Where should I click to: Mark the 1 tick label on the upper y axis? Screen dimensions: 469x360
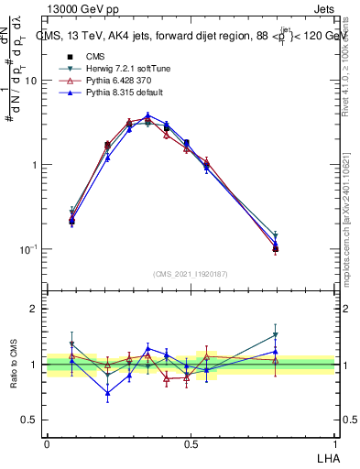tap(35, 165)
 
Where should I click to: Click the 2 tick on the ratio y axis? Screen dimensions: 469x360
tap(35, 309)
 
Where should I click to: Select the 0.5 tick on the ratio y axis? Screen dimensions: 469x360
tap(30, 420)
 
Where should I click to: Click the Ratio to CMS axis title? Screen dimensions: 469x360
tap(13, 365)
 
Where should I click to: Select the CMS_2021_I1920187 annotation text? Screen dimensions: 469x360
tap(190, 274)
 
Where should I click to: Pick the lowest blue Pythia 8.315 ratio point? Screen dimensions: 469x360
tap(108, 394)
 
